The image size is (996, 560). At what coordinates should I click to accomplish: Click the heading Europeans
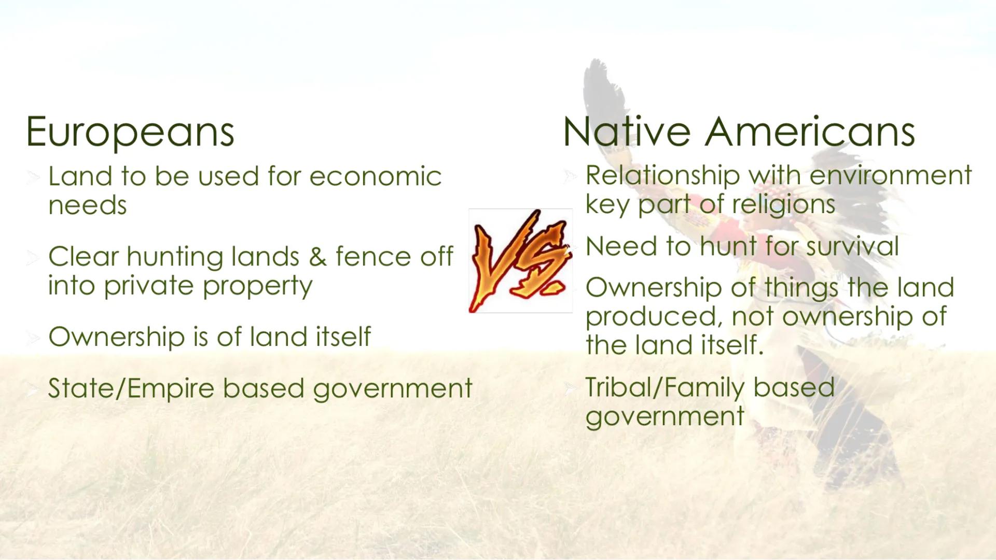(130, 132)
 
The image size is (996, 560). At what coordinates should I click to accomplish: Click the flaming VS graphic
(520, 261)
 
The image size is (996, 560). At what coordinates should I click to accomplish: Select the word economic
(375, 177)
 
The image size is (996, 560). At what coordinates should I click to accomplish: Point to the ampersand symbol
(317, 257)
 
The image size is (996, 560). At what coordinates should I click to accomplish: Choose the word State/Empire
(131, 388)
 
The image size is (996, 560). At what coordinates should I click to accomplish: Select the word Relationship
(662, 176)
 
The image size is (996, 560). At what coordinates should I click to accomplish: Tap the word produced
(654, 317)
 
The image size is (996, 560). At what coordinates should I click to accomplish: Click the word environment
(890, 176)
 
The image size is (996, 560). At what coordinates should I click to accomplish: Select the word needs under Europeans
(87, 206)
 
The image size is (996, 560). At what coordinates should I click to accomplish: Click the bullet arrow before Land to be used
(33, 178)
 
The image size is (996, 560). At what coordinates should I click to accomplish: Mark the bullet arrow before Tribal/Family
(570, 388)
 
